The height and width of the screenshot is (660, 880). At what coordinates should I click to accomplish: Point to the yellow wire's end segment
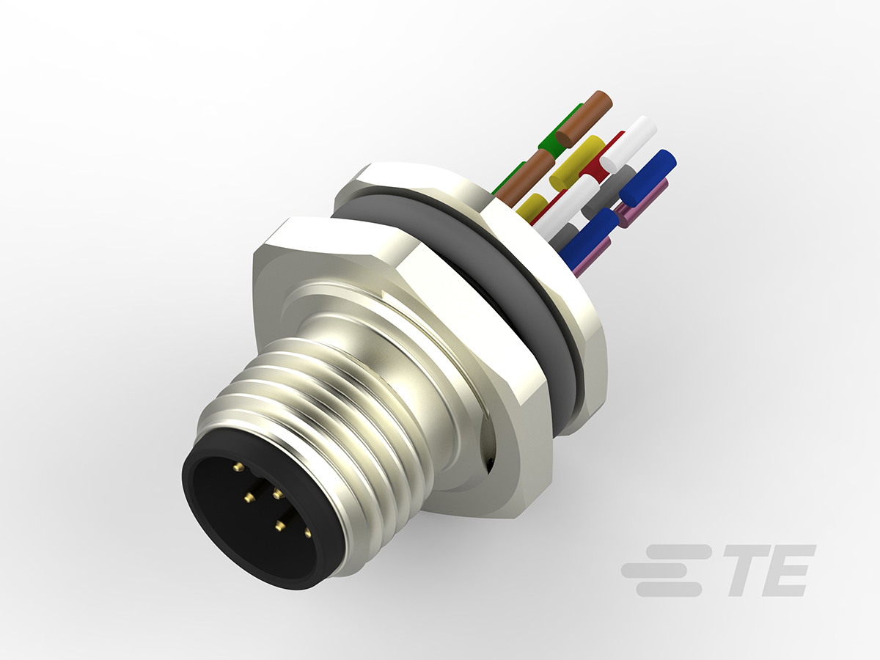click(576, 161)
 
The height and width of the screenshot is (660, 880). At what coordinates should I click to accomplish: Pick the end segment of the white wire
click(628, 144)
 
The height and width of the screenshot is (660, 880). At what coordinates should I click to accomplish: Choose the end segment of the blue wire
click(648, 177)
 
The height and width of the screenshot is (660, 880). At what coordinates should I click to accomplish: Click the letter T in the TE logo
click(741, 570)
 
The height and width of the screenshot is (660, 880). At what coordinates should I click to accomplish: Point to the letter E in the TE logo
click(788, 570)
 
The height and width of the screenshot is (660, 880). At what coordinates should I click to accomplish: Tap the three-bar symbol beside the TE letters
click(664, 570)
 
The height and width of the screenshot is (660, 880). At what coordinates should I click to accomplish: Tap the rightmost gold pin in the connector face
click(307, 533)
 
